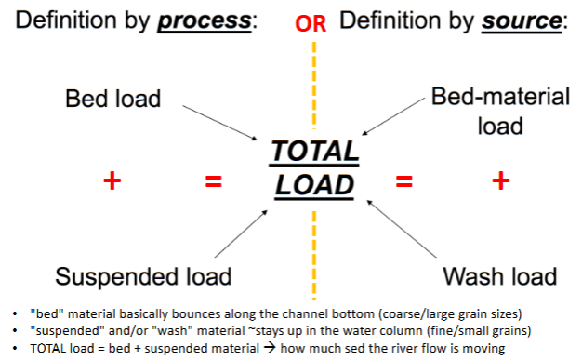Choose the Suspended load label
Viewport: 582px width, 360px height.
[x=143, y=276]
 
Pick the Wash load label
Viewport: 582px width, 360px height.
[x=499, y=276]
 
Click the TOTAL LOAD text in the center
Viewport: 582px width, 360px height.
[x=314, y=168]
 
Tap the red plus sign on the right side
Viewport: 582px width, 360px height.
[x=500, y=180]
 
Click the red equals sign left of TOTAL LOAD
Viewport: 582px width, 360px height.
[x=214, y=181]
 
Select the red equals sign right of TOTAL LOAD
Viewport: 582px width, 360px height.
[x=403, y=181]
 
